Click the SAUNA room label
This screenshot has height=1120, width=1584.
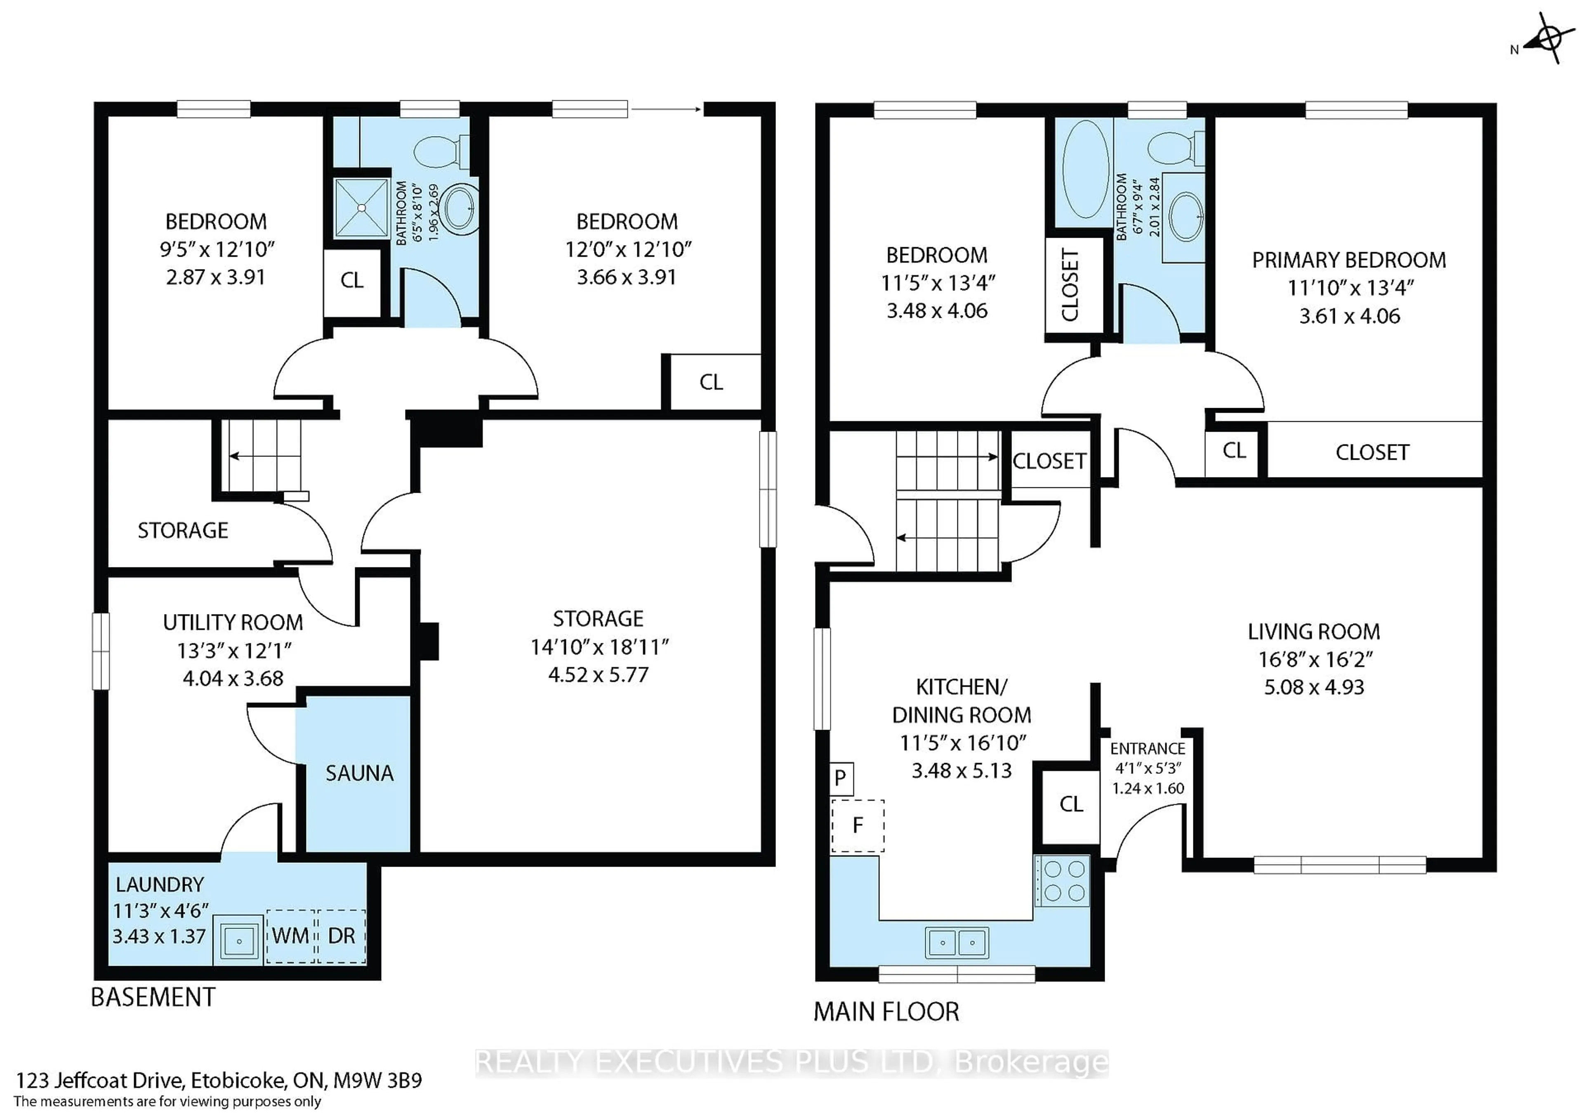(x=359, y=773)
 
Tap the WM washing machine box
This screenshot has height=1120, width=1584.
(x=290, y=936)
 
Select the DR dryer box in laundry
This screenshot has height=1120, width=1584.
(x=342, y=936)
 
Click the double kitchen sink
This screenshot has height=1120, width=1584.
(x=957, y=943)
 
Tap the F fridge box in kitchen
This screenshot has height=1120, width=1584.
(x=858, y=825)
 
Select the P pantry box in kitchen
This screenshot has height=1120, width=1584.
(x=840, y=778)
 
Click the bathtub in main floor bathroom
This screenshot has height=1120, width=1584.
(x=1086, y=169)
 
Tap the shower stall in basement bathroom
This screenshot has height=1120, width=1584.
(x=361, y=208)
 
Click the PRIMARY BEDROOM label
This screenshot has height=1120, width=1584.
(x=1349, y=260)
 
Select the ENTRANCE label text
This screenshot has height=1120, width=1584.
(x=1147, y=749)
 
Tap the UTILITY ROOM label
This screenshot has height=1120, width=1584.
(x=233, y=622)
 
